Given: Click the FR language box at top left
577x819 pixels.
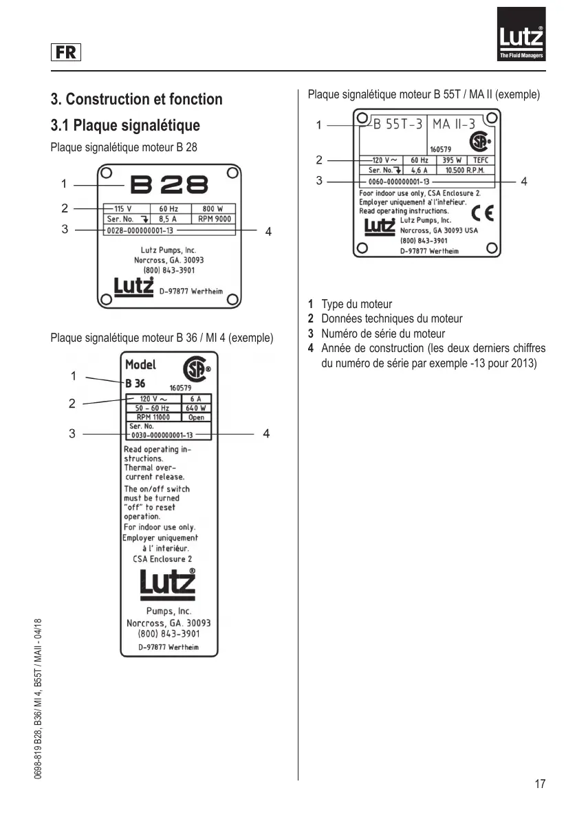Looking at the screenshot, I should tap(66, 52).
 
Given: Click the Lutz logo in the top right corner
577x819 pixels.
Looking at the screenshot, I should tap(521, 34).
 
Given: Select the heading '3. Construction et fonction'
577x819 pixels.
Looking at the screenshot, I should tap(137, 99).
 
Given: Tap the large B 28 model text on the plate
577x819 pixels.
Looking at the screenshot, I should tap(169, 184).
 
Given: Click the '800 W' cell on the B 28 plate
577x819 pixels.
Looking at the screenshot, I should tap(212, 209).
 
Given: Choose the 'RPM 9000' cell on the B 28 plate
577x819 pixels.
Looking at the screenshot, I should tap(215, 219).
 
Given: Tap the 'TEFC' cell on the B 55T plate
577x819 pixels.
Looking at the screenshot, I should tap(480, 160).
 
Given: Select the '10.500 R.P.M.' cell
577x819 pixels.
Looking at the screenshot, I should tap(465, 170).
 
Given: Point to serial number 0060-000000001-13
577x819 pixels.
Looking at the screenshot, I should tap(398, 181).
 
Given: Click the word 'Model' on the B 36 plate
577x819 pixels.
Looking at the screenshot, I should tap(140, 364).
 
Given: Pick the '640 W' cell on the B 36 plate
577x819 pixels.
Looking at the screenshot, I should tap(196, 408).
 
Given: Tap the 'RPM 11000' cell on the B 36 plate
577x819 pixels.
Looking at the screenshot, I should tap(153, 417).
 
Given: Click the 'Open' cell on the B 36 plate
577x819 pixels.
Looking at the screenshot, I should tap(196, 417).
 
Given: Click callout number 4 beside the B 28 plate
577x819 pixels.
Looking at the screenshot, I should tap(268, 232).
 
